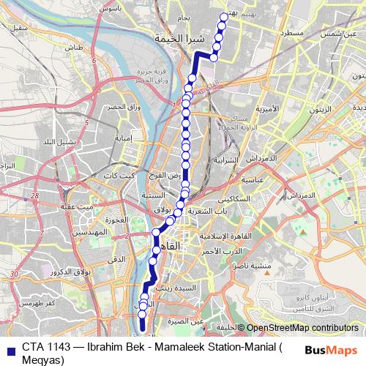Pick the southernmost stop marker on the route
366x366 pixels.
pos(143,314)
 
